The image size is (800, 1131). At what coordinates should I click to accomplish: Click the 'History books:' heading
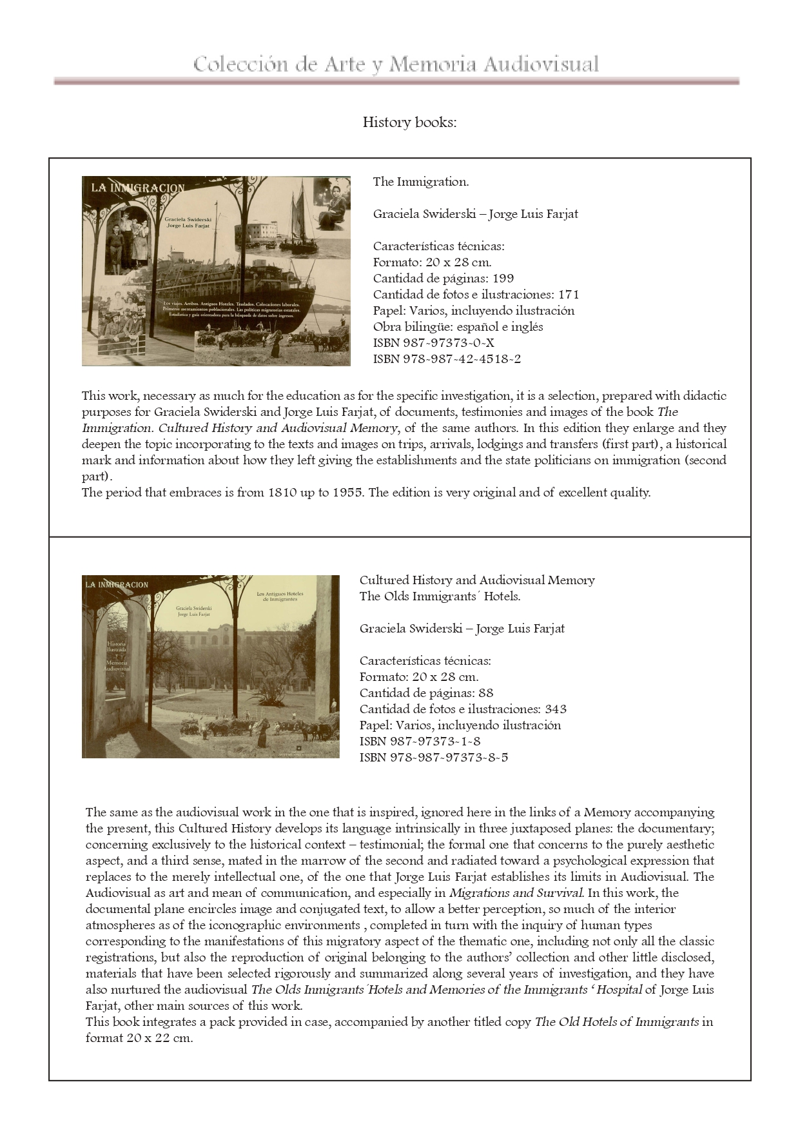409,123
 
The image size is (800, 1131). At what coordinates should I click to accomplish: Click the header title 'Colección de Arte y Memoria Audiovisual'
396,64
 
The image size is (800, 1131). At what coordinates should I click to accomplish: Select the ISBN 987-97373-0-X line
433,343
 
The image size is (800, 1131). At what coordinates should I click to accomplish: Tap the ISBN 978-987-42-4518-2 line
447,359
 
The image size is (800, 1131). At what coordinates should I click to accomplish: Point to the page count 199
503,279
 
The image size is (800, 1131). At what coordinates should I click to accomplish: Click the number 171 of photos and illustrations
569,295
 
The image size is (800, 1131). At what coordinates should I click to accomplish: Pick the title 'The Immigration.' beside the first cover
420,182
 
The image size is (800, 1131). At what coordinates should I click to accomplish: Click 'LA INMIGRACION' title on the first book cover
137,188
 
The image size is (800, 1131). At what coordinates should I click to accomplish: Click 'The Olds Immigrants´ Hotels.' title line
440,596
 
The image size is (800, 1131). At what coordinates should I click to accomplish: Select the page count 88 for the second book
486,693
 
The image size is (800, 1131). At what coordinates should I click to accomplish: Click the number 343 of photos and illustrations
555,709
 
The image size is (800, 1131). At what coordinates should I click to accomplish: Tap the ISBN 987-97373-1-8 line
420,742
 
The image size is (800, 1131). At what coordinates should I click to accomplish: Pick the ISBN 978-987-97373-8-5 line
433,758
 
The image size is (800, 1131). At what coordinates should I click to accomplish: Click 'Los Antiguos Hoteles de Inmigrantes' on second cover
280,596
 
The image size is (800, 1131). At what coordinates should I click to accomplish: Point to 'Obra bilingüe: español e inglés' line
458,327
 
